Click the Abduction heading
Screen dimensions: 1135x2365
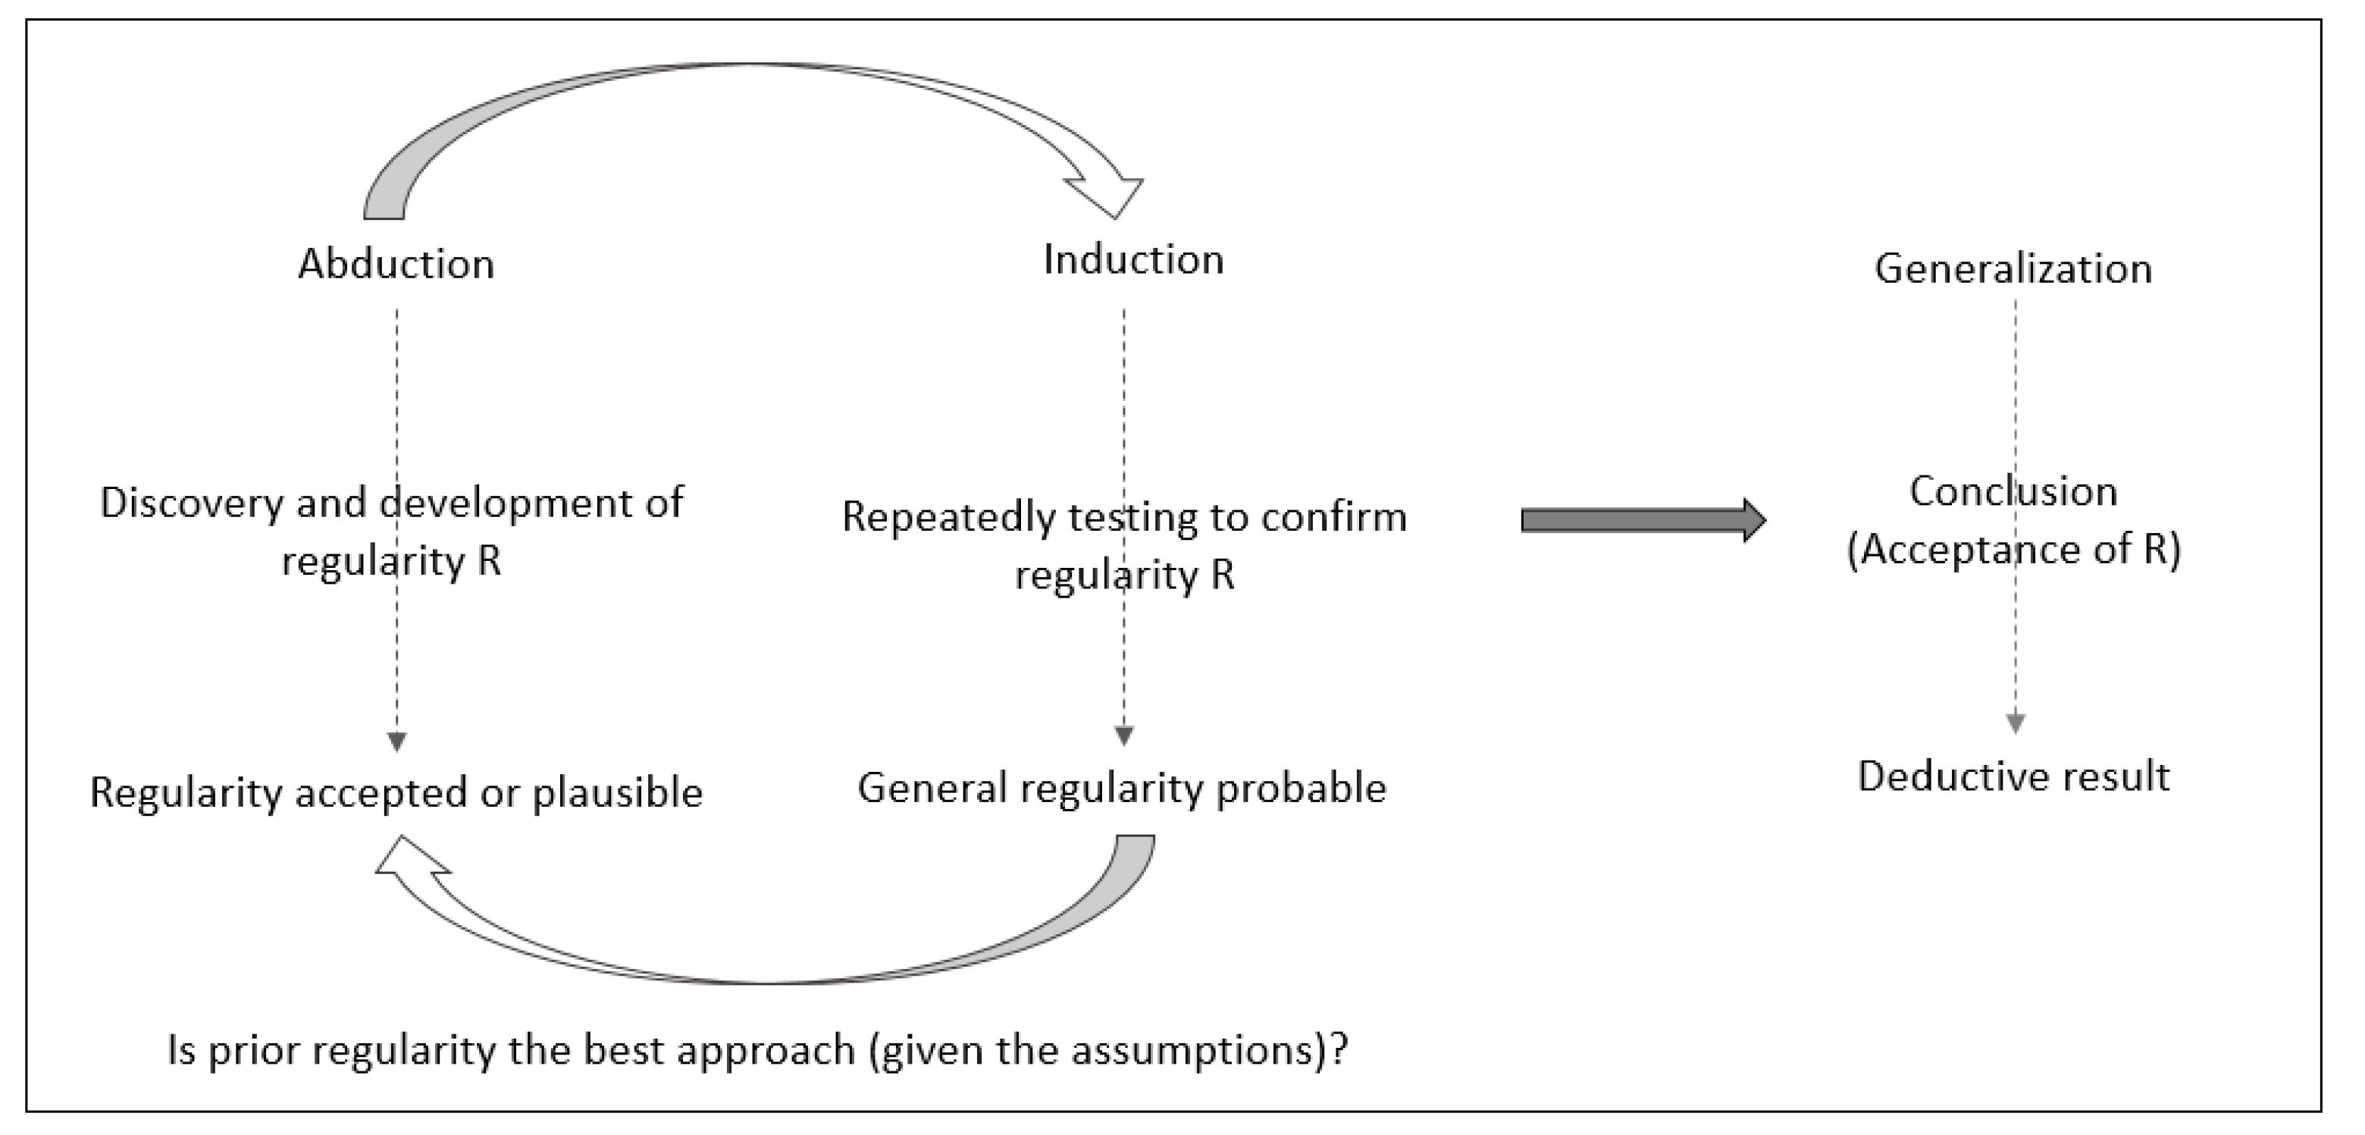(396, 265)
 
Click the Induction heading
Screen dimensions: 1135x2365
(1133, 261)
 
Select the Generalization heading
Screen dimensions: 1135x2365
(2013, 269)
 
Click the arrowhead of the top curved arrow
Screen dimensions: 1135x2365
(1109, 192)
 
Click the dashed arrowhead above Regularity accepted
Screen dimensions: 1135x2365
(396, 740)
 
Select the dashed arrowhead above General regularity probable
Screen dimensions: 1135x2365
(1123, 735)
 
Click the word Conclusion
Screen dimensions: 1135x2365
(2013, 492)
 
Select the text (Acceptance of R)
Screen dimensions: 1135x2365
(2013, 550)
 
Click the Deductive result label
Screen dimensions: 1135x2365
(2013, 777)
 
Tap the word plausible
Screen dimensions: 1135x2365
(617, 793)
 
